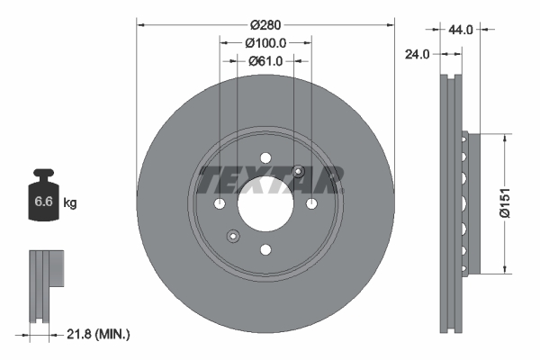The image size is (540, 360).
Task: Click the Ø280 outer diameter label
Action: tap(265, 23)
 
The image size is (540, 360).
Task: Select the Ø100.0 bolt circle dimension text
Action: tap(265, 42)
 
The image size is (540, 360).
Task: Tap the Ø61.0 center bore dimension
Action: tap(265, 61)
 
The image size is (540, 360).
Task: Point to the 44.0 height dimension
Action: tap(461, 30)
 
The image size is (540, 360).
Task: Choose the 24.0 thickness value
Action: tap(416, 54)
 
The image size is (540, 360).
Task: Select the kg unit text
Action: tap(70, 203)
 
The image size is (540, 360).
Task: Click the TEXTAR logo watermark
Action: tap(270, 180)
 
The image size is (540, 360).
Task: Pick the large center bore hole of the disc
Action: tap(265, 204)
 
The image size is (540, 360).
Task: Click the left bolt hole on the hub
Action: tap(220, 204)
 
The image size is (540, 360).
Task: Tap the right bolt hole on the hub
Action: tap(310, 204)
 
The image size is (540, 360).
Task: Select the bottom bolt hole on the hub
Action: tap(265, 249)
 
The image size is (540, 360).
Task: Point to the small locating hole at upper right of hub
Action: tap(299, 172)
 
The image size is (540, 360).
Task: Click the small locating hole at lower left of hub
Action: tap(233, 237)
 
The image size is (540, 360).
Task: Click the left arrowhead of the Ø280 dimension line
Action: tap(140, 23)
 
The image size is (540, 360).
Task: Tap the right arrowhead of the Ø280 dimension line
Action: tap(391, 23)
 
